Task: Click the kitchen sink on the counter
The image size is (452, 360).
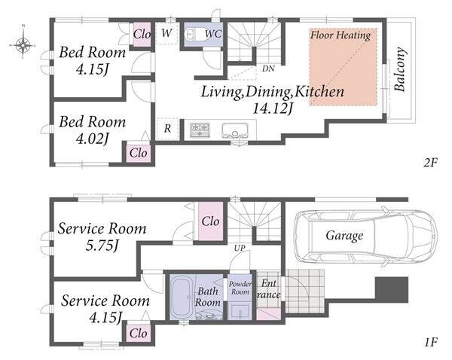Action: pos(235,130)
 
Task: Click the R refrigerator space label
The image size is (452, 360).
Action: pos(167,128)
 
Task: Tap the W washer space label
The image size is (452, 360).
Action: pos(166,33)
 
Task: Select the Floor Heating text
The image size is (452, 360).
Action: pos(341,35)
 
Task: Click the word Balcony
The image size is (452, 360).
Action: pos(400,69)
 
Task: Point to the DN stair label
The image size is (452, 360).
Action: pos(268,69)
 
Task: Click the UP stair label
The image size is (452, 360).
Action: pos(240,248)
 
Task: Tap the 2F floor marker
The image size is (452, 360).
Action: pos(431,163)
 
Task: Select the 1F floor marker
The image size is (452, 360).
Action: pos(431,343)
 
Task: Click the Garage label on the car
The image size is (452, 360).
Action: pos(344,236)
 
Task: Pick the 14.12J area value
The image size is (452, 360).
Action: pos(273,108)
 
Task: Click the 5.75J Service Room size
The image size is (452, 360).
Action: pos(102,246)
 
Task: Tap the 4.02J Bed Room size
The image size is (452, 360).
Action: pos(92,139)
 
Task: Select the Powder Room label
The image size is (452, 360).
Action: pos(240,288)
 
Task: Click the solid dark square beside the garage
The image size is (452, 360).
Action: pos(392,290)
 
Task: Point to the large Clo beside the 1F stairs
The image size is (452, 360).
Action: pos(210,221)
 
